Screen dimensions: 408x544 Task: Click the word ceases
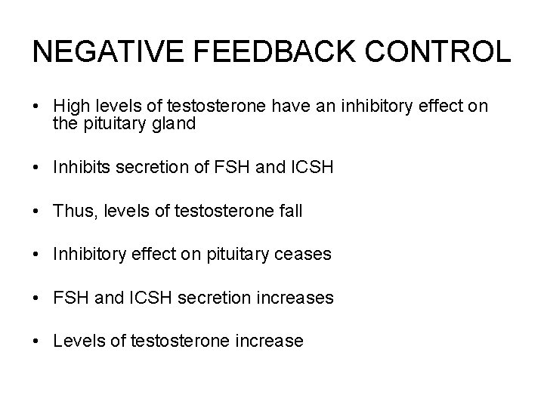(305, 255)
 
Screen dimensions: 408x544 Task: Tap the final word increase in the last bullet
(271, 342)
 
